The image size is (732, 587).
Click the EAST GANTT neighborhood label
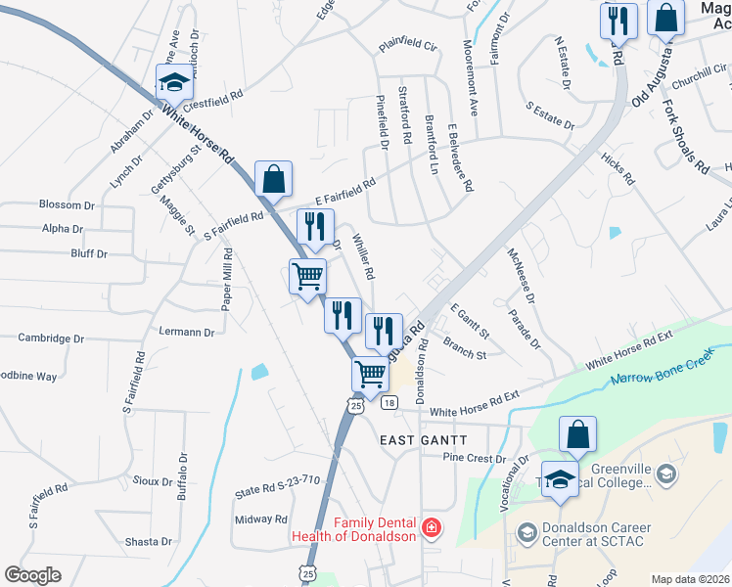(x=424, y=441)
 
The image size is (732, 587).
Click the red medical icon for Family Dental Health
(x=430, y=529)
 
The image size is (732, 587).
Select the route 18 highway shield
(x=389, y=403)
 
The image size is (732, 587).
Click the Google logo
(x=32, y=574)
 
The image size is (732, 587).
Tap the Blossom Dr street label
(x=67, y=204)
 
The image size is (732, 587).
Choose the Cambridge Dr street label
(x=51, y=339)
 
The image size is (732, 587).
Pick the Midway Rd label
(x=261, y=519)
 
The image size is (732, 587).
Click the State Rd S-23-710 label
(x=278, y=479)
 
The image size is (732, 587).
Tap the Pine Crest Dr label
(x=474, y=458)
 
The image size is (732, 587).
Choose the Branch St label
(x=464, y=348)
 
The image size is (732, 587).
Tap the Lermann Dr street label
(x=186, y=333)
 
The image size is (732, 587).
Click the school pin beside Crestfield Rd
(x=174, y=81)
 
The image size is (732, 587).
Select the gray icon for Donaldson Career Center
(x=527, y=532)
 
